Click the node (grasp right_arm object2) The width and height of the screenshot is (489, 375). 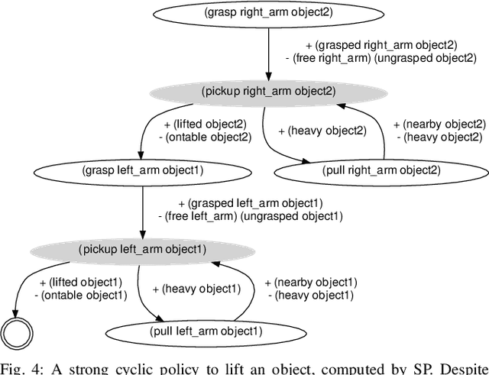(268, 13)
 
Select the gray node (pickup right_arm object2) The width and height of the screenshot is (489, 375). (268, 91)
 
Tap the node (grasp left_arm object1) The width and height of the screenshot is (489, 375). (143, 170)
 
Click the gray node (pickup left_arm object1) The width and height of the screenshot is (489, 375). (143, 249)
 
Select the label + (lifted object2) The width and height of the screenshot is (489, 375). (202, 124)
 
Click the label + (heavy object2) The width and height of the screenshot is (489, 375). (322, 131)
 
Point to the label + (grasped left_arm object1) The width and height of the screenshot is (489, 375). (250, 203)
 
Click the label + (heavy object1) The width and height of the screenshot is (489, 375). (196, 289)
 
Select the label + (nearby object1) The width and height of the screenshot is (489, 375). (310, 282)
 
